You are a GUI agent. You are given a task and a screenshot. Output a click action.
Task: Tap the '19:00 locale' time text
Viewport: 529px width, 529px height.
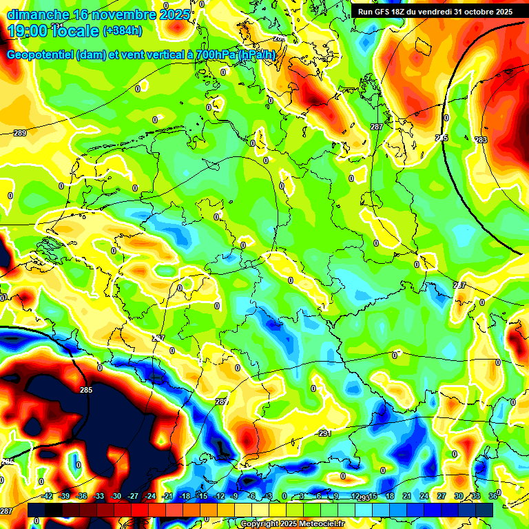[x=53, y=31]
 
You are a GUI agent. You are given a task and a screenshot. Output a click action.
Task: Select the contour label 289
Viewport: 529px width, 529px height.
[x=20, y=133]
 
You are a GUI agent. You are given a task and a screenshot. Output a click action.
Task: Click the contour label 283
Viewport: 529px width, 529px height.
[x=481, y=140]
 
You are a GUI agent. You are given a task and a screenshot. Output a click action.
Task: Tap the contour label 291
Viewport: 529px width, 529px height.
[x=325, y=433]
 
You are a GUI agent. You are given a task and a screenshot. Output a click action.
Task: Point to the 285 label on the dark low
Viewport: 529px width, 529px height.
[x=85, y=390]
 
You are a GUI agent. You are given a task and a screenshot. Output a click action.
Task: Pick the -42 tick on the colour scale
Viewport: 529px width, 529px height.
[x=48, y=496]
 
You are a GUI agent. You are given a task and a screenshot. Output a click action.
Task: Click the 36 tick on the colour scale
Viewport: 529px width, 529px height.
[x=493, y=496]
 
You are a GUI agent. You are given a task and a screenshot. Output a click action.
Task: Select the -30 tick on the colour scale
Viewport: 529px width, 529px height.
[x=116, y=496]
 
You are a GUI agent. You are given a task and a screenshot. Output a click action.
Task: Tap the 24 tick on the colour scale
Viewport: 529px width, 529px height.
[x=424, y=496]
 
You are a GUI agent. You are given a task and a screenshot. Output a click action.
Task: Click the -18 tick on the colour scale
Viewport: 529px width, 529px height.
[x=184, y=496]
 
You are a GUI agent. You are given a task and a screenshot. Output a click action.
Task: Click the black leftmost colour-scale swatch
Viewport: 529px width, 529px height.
[x=36, y=510]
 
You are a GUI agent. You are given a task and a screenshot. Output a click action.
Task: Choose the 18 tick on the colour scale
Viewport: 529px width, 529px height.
[x=390, y=496]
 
